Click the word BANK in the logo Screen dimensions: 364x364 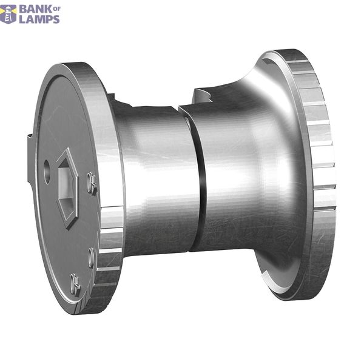(x=36, y=10)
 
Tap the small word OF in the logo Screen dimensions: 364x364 (x=57, y=9)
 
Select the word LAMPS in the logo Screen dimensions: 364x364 (x=39, y=19)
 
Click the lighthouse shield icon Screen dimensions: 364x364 (x=8, y=15)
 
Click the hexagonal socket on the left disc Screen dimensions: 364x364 (x=67, y=189)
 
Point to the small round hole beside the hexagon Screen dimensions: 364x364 (x=47, y=172)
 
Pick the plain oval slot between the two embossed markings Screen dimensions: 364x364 (x=92, y=258)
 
